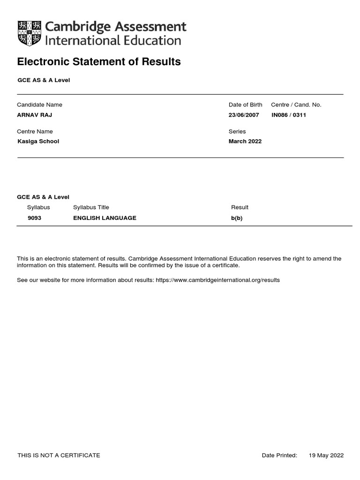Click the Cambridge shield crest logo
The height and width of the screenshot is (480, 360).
point(29,33)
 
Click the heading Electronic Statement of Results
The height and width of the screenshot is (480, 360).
point(99,62)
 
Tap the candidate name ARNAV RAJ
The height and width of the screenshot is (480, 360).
point(35,115)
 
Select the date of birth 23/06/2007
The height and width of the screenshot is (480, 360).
point(244,115)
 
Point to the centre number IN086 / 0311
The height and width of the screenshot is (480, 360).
point(289,115)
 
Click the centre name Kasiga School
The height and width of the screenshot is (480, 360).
point(38,141)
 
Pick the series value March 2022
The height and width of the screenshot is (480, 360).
point(245,141)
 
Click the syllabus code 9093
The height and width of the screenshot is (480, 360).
point(34,218)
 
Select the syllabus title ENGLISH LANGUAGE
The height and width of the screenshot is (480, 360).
point(105,218)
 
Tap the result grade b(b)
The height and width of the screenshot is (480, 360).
point(237,218)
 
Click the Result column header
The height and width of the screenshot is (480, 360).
point(240,207)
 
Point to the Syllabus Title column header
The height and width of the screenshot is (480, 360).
point(91,207)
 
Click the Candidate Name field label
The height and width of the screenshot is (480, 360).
point(39,105)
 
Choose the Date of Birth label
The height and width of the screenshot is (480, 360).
point(245,105)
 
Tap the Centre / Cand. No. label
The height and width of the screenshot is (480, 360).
point(296,105)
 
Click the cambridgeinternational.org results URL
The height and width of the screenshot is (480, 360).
point(217,280)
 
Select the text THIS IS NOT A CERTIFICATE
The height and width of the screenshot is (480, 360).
point(59,455)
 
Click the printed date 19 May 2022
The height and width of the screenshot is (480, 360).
point(326,455)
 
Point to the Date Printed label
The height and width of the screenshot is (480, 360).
point(279,455)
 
